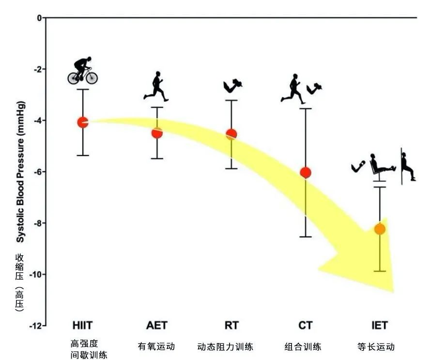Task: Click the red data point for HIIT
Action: coord(83,122)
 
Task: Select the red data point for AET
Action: coord(157,133)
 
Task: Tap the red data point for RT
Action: coord(231,134)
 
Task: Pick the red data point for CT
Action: coord(306,172)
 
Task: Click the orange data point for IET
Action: coord(380,229)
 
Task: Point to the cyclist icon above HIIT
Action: coord(83,71)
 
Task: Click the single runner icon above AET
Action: coord(156,87)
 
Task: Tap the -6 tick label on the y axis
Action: coord(37,172)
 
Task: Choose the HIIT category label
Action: coord(83,325)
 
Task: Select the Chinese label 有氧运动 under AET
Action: coord(156,346)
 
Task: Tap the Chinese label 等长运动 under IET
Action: coord(376,346)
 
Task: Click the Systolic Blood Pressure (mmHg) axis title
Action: coord(20,172)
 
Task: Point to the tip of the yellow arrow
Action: coord(393,291)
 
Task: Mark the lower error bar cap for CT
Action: coord(306,237)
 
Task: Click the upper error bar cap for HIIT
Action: coord(83,89)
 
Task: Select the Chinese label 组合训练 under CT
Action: coord(303,346)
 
